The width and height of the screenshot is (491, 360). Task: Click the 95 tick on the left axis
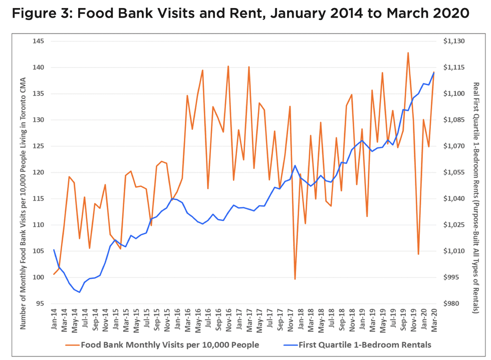coord(39,303)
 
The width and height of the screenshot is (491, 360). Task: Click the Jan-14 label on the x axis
coord(54,319)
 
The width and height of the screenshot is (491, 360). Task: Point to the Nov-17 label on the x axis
coord(290,319)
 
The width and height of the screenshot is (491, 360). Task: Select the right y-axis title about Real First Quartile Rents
coord(476,172)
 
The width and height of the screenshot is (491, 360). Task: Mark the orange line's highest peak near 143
coord(408,53)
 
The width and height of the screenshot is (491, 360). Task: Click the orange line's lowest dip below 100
coord(295,279)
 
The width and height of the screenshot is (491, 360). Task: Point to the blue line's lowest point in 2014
coord(80,292)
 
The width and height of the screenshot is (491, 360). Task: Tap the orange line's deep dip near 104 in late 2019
coord(418,254)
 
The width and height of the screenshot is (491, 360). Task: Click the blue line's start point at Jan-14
coord(54,250)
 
